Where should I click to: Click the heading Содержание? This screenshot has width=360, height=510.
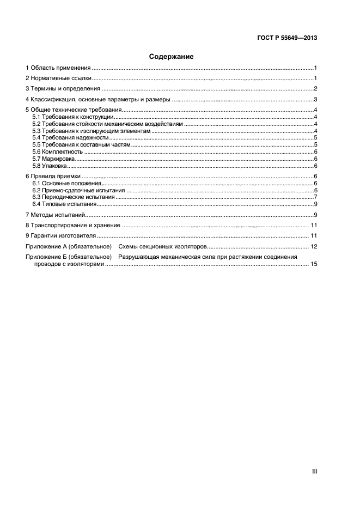coord(172,56)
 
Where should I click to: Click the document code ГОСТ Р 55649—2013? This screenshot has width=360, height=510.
coord(286,38)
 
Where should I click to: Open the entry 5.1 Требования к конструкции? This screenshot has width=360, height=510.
coord(72,117)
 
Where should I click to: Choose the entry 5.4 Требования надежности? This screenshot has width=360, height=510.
coord(71,138)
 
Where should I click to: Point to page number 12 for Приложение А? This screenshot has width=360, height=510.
coord(314,247)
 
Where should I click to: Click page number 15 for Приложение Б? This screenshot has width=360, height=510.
coord(314,264)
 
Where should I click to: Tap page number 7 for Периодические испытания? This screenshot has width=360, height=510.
coord(315,197)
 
